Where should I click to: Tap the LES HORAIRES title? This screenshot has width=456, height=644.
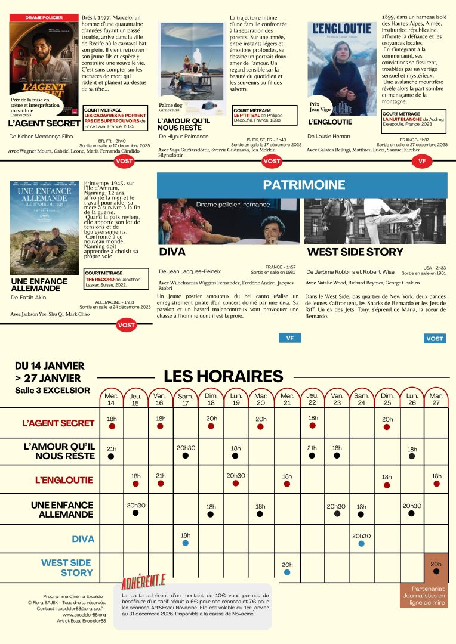click(x=223, y=376)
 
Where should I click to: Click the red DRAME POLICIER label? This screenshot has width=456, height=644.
click(x=44, y=18)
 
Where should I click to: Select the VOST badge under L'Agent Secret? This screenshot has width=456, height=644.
click(x=124, y=161)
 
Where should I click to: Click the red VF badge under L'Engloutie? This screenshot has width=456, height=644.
click(x=422, y=161)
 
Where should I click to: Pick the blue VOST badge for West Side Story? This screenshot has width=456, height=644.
click(x=435, y=339)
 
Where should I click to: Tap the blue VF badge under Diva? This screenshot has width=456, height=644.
click(x=289, y=338)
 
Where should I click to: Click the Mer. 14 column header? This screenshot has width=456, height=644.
click(x=111, y=399)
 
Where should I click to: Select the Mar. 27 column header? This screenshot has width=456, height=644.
click(x=436, y=399)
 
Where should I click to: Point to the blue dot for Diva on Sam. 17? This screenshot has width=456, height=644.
click(x=186, y=543)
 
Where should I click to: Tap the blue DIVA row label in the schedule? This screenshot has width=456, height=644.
click(x=83, y=539)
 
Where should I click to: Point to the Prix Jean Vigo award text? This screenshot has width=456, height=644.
click(x=319, y=106)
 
